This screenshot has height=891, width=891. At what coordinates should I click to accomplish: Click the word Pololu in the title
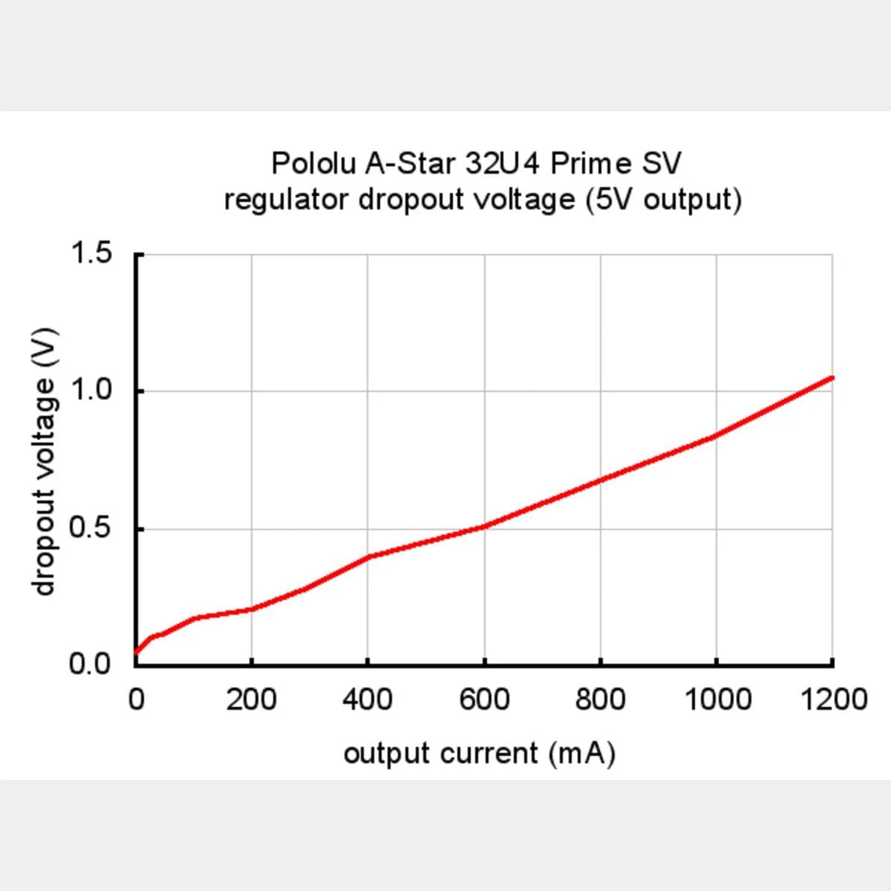[x=314, y=163]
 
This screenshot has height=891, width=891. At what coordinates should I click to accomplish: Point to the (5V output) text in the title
[x=664, y=200]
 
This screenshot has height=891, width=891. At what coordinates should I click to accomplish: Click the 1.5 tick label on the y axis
[x=90, y=253]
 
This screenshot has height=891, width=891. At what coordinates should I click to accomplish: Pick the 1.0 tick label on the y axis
[x=90, y=390]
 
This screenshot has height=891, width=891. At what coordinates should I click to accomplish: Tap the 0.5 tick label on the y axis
[x=90, y=528]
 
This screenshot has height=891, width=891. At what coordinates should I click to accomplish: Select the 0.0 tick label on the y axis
[x=90, y=663]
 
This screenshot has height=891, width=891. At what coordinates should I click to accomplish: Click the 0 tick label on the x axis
[x=136, y=699]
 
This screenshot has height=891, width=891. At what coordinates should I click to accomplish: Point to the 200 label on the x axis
[x=252, y=699]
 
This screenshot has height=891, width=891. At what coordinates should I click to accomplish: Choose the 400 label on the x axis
[x=368, y=699]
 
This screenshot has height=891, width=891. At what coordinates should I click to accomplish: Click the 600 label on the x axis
[x=484, y=699]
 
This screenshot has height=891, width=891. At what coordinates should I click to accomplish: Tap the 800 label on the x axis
[x=600, y=699]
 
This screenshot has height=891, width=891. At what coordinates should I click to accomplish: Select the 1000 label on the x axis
[x=717, y=699]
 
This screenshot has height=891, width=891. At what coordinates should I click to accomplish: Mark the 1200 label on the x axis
[x=833, y=699]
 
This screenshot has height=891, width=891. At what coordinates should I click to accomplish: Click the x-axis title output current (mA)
[x=480, y=754]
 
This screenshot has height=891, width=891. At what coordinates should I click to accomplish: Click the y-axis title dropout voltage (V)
[x=45, y=460]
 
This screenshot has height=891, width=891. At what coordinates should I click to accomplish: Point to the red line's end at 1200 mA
[x=832, y=377]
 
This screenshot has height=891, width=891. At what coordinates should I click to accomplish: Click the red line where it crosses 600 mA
[x=484, y=526]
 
